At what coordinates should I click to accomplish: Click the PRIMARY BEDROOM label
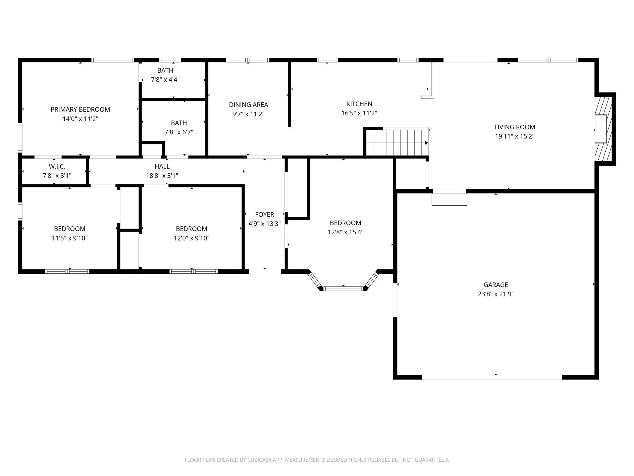(x=80, y=109)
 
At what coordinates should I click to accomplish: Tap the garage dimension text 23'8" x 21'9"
(x=496, y=294)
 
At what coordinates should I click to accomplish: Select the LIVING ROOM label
(x=515, y=127)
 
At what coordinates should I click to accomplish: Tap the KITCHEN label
(x=359, y=104)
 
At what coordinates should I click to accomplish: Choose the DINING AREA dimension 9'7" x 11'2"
(x=248, y=114)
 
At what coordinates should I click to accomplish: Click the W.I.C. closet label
(x=57, y=166)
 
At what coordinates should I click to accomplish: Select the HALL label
(x=162, y=166)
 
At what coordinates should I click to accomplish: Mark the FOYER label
(x=265, y=215)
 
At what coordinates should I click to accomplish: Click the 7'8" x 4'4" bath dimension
(x=165, y=80)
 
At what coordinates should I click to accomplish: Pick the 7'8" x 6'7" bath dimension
(x=179, y=132)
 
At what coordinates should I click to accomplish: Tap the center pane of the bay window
(x=343, y=288)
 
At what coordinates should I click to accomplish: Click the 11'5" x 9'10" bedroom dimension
(x=69, y=238)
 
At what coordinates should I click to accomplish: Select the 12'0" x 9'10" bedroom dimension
(x=191, y=238)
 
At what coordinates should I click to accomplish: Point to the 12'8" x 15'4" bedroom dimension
(x=345, y=232)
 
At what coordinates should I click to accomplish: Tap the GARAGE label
(x=496, y=285)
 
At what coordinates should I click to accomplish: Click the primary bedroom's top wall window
(x=113, y=60)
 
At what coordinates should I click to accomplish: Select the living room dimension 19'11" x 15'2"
(x=515, y=136)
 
